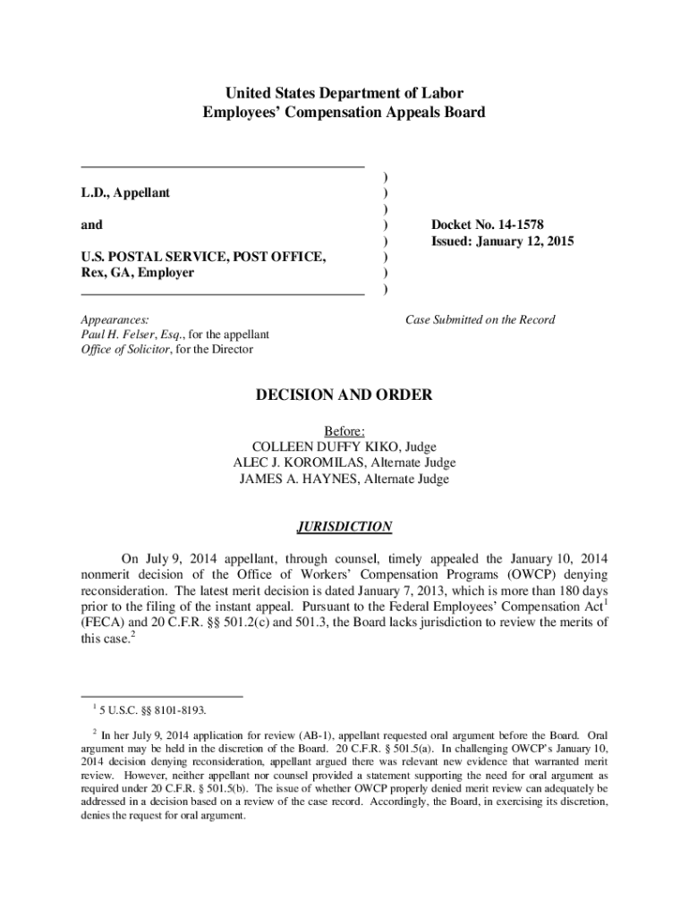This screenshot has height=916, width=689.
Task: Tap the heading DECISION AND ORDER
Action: (x=344, y=394)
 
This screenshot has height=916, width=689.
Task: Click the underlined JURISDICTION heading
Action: (x=344, y=527)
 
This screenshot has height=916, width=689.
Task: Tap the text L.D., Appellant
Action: (x=125, y=192)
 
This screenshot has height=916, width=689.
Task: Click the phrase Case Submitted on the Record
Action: (x=481, y=319)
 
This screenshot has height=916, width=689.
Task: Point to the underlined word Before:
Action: (x=344, y=430)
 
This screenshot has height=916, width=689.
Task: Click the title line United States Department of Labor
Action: (x=344, y=93)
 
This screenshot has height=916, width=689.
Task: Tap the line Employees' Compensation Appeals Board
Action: (x=344, y=113)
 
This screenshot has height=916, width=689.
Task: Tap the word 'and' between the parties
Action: (x=91, y=225)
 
